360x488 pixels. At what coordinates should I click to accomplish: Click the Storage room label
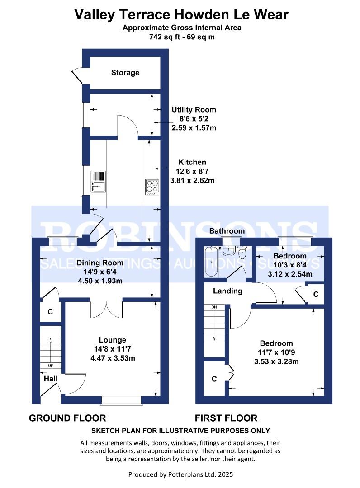(x=125, y=72)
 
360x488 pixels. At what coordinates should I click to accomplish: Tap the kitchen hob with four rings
(x=152, y=186)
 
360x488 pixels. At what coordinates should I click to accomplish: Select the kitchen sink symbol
(x=98, y=182)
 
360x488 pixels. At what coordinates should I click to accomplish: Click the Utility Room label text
(x=194, y=110)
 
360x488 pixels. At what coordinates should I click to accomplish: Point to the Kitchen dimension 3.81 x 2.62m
(x=192, y=180)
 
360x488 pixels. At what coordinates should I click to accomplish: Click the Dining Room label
(x=99, y=263)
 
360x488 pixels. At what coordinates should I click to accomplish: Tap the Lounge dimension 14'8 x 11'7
(x=113, y=349)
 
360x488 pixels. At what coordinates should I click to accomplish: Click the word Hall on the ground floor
(x=51, y=379)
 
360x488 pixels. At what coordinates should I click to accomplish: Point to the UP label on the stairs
(x=51, y=366)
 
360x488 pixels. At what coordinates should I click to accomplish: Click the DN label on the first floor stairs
(x=214, y=307)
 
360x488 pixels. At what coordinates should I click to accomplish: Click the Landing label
(x=227, y=291)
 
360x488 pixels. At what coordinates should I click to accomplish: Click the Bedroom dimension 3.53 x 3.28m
(x=276, y=361)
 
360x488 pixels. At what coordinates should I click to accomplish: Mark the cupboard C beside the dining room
(x=50, y=311)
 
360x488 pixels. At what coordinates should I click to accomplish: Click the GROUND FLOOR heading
(x=67, y=418)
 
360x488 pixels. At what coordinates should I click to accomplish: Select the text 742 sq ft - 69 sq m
(x=182, y=37)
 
